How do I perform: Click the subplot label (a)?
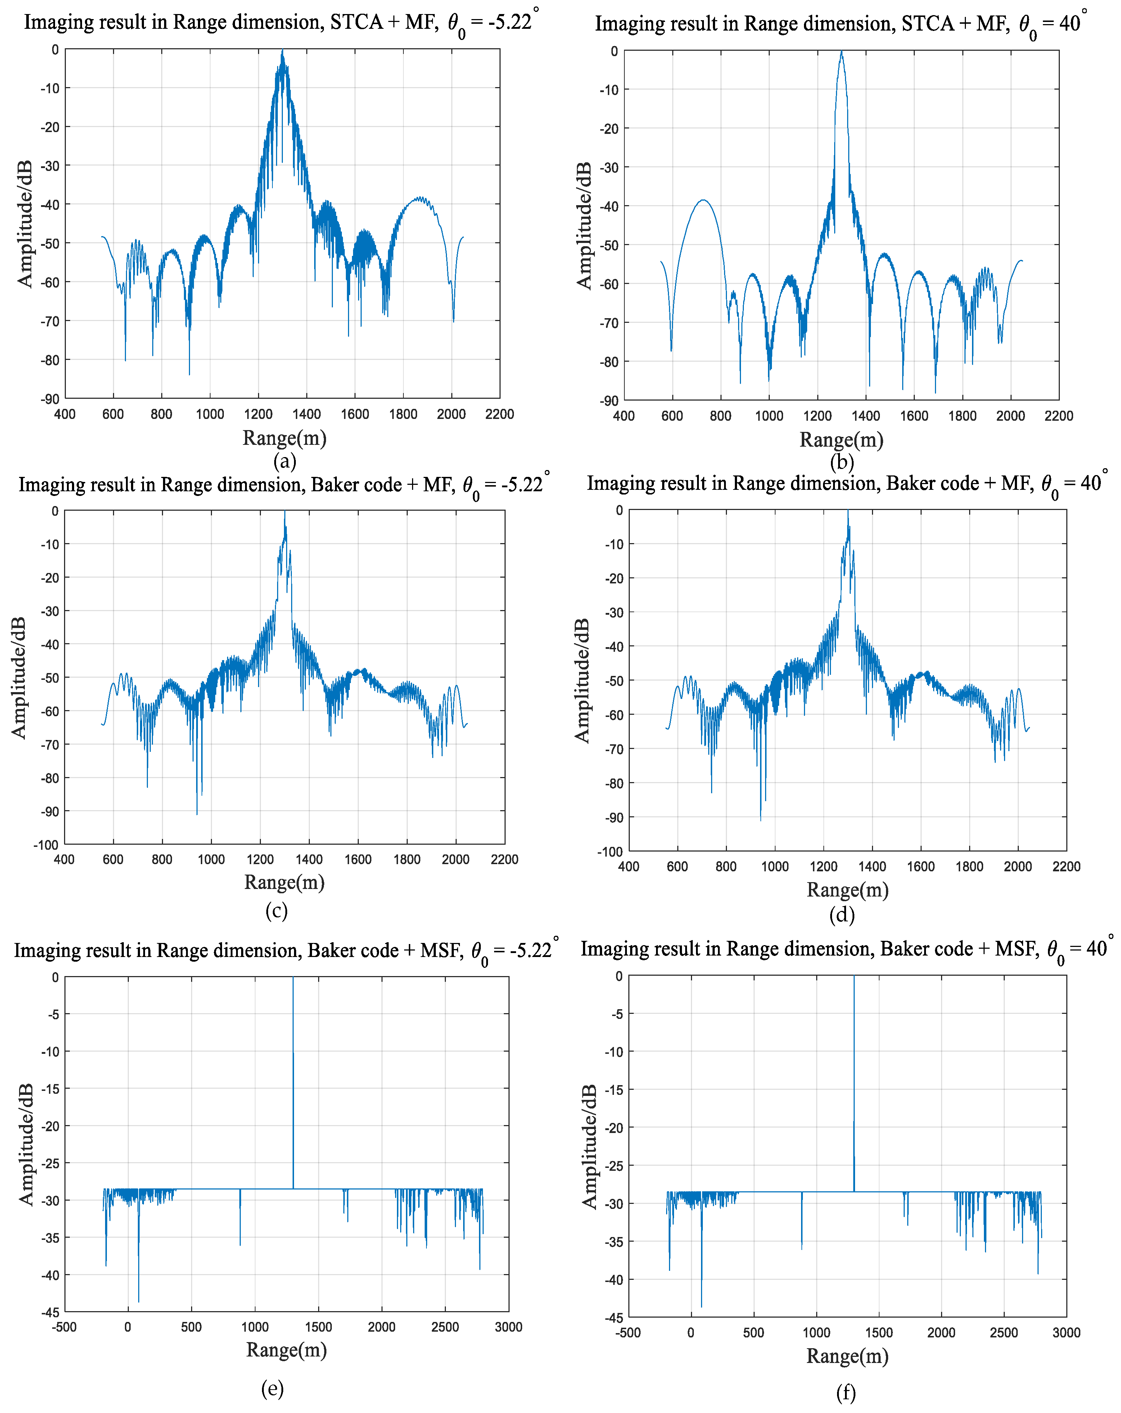click(284, 461)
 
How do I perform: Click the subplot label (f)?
click(845, 1392)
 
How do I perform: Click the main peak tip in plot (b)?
click(841, 53)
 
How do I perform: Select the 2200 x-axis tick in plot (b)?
click(1058, 415)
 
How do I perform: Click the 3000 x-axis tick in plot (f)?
click(1066, 1332)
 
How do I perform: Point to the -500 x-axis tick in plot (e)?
click(64, 1327)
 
